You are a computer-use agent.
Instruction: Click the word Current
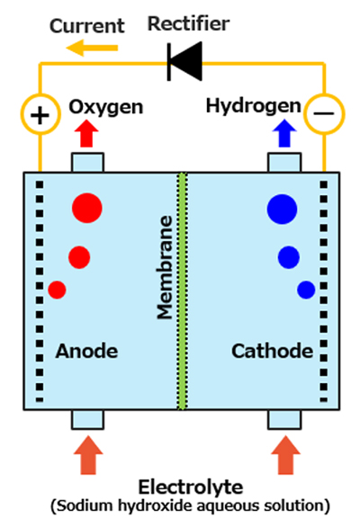pos(87,26)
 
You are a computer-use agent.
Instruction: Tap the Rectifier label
pos(188,23)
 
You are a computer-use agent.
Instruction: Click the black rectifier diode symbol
pos(184,61)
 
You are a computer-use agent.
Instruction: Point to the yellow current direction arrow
pos(92,48)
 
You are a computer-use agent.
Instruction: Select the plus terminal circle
pos(40,114)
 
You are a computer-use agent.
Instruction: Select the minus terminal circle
pos(324,114)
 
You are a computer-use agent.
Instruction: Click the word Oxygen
pos(106,107)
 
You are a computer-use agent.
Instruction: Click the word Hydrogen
pos(254,106)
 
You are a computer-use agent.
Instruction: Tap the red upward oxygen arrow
pos(86,133)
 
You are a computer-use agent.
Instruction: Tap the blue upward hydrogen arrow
pos(284,133)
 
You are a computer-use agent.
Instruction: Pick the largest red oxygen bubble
pos(87,208)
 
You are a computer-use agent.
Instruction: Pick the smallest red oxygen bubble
pos(57,290)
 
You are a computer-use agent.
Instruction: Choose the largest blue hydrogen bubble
pos(283,210)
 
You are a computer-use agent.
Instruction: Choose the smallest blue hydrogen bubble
pos(306,290)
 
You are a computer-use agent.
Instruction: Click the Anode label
pos(86,351)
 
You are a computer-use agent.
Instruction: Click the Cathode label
pos(272,351)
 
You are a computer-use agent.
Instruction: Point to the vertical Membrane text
pos(165,267)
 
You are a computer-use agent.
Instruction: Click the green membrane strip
pos(182,291)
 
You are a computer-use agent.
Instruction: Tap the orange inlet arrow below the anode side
pos(88,455)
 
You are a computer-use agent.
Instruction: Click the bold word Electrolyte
pos(191,488)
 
